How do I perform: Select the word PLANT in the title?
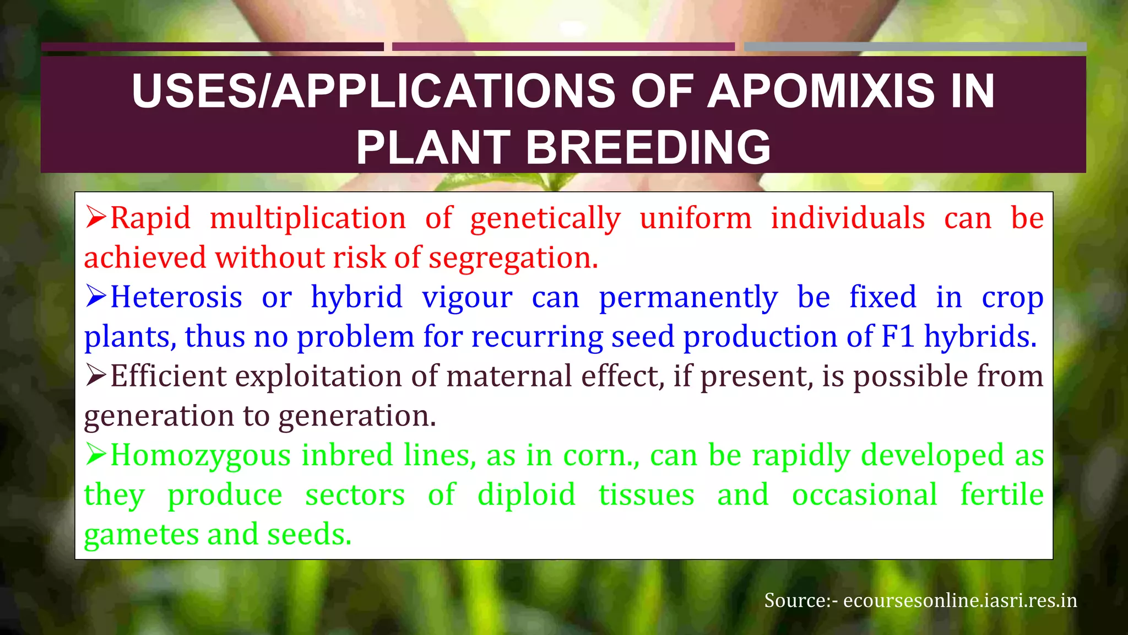tap(433, 148)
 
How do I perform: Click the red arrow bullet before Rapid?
tap(96, 217)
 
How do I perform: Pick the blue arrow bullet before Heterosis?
tap(96, 297)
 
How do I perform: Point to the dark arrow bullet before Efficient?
tap(96, 376)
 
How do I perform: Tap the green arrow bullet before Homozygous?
tap(96, 455)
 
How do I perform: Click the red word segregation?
tap(513, 258)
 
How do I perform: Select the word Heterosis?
tap(176, 297)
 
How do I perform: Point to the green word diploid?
tap(526, 495)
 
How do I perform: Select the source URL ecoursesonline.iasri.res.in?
tap(959, 600)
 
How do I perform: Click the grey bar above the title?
tap(914, 47)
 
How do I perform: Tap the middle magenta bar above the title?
tap(563, 47)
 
